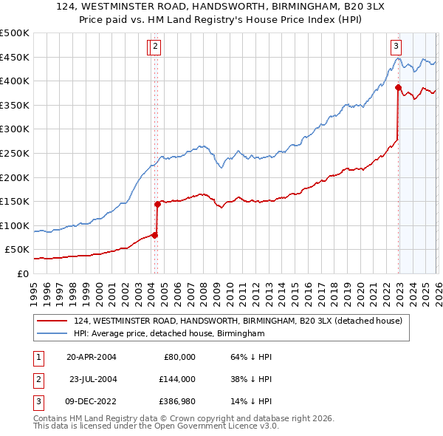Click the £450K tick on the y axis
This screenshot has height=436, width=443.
click(x=15, y=57)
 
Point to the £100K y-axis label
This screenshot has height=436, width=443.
click(x=15, y=225)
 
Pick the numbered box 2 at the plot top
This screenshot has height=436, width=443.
click(x=157, y=46)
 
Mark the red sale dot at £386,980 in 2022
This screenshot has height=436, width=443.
click(x=398, y=87)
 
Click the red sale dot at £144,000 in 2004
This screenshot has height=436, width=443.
click(x=157, y=204)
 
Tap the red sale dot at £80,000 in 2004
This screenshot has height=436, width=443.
click(x=154, y=235)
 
